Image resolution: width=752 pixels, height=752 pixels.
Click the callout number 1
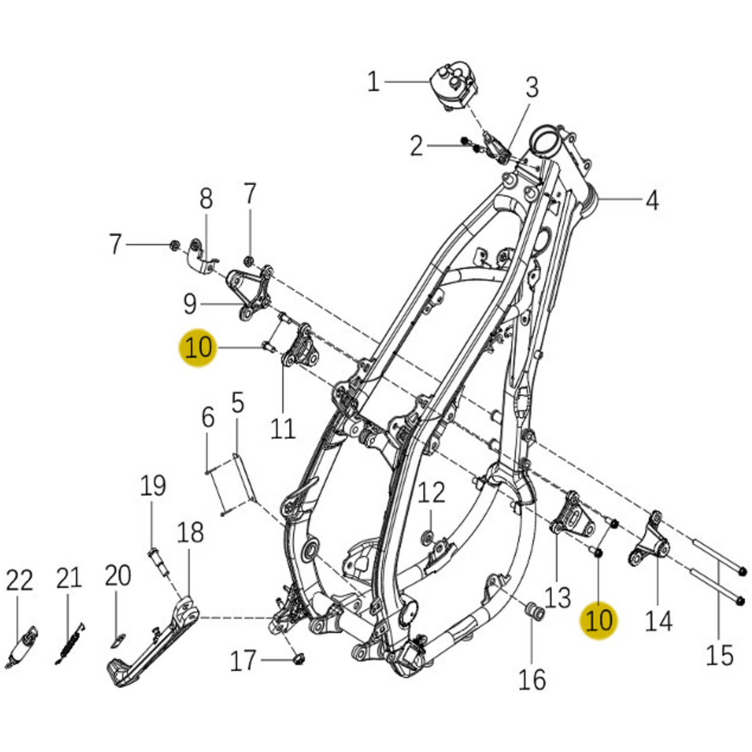[373, 82]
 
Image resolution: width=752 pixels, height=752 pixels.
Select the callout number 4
[652, 200]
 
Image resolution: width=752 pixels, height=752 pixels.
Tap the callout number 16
[532, 680]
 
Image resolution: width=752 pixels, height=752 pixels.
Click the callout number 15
[719, 656]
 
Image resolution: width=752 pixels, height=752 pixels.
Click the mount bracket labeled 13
[573, 517]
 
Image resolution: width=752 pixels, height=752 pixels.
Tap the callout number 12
[431, 493]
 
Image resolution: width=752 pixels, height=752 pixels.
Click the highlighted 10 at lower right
[599, 620]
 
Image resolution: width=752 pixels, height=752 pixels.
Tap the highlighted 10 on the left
[198, 348]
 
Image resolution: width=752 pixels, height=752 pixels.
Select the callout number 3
[532, 87]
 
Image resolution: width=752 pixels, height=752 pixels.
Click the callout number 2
[416, 147]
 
